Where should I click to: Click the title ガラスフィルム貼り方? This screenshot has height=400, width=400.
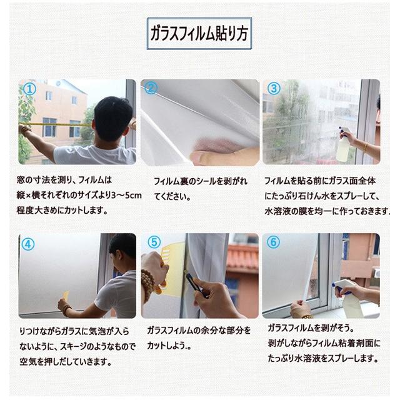(199, 34)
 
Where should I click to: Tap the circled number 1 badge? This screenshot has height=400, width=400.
(29, 89)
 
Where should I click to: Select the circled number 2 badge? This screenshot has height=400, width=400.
(151, 88)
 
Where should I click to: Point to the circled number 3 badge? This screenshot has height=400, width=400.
(274, 89)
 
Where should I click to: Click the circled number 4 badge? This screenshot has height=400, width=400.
(27, 244)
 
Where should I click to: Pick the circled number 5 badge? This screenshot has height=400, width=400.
(154, 242)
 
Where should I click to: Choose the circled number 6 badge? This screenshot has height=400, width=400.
(273, 242)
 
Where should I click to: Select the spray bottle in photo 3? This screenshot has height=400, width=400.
(343, 145)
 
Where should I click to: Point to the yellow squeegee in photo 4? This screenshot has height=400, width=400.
(66, 298)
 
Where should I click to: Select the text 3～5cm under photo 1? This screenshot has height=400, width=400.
(126, 196)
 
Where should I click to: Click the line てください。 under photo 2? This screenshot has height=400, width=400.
(172, 197)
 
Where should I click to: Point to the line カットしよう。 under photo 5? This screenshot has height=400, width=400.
(169, 346)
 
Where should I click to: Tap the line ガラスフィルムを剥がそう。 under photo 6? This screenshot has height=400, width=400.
(311, 328)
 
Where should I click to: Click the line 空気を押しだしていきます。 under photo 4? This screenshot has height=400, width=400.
(66, 362)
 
